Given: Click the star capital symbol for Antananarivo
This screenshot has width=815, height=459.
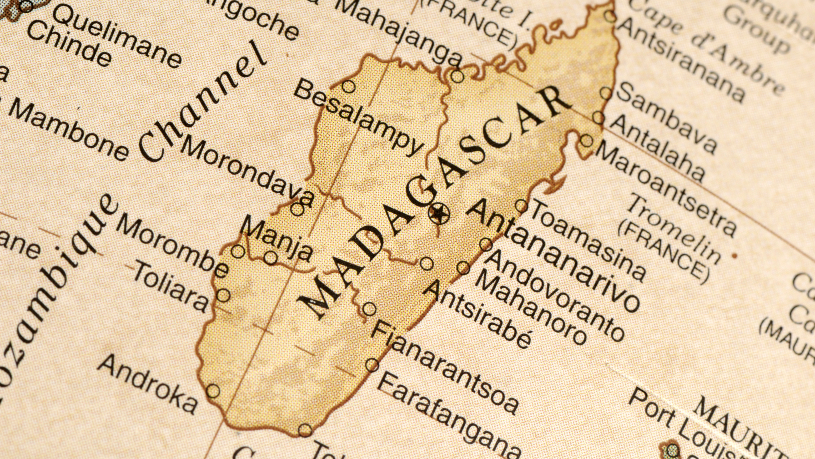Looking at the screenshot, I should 438,212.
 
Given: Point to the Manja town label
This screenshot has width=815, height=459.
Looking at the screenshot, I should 276,238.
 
